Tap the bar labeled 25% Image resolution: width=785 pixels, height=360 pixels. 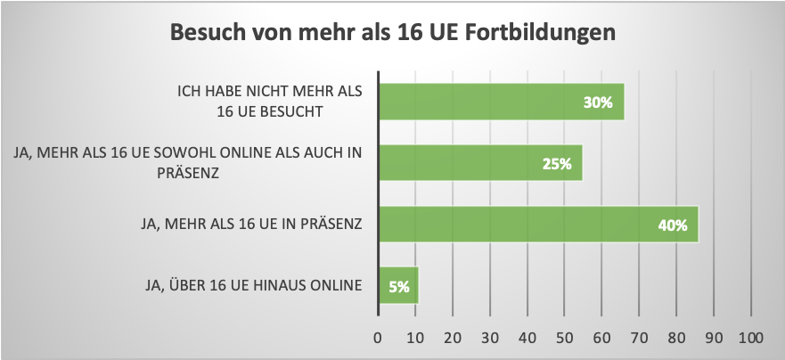coord(480,163)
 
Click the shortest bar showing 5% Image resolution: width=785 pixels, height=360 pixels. coord(398,286)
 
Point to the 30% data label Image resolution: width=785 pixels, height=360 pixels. coord(598,102)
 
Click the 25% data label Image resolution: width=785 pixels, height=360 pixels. coord(556,164)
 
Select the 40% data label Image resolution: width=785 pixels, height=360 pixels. coord(672,225)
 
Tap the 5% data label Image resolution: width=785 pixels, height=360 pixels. coord(398,287)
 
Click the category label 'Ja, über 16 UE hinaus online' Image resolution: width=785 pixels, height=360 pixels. coord(254,286)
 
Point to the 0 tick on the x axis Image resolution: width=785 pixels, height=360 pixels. coord(378,338)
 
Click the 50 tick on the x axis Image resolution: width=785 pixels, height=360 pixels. coord(564,338)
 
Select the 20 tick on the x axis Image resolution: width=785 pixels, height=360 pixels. coord(453,338)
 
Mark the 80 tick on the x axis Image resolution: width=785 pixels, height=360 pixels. coord(676,338)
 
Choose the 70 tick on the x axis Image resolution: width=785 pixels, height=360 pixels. coord(639,338)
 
